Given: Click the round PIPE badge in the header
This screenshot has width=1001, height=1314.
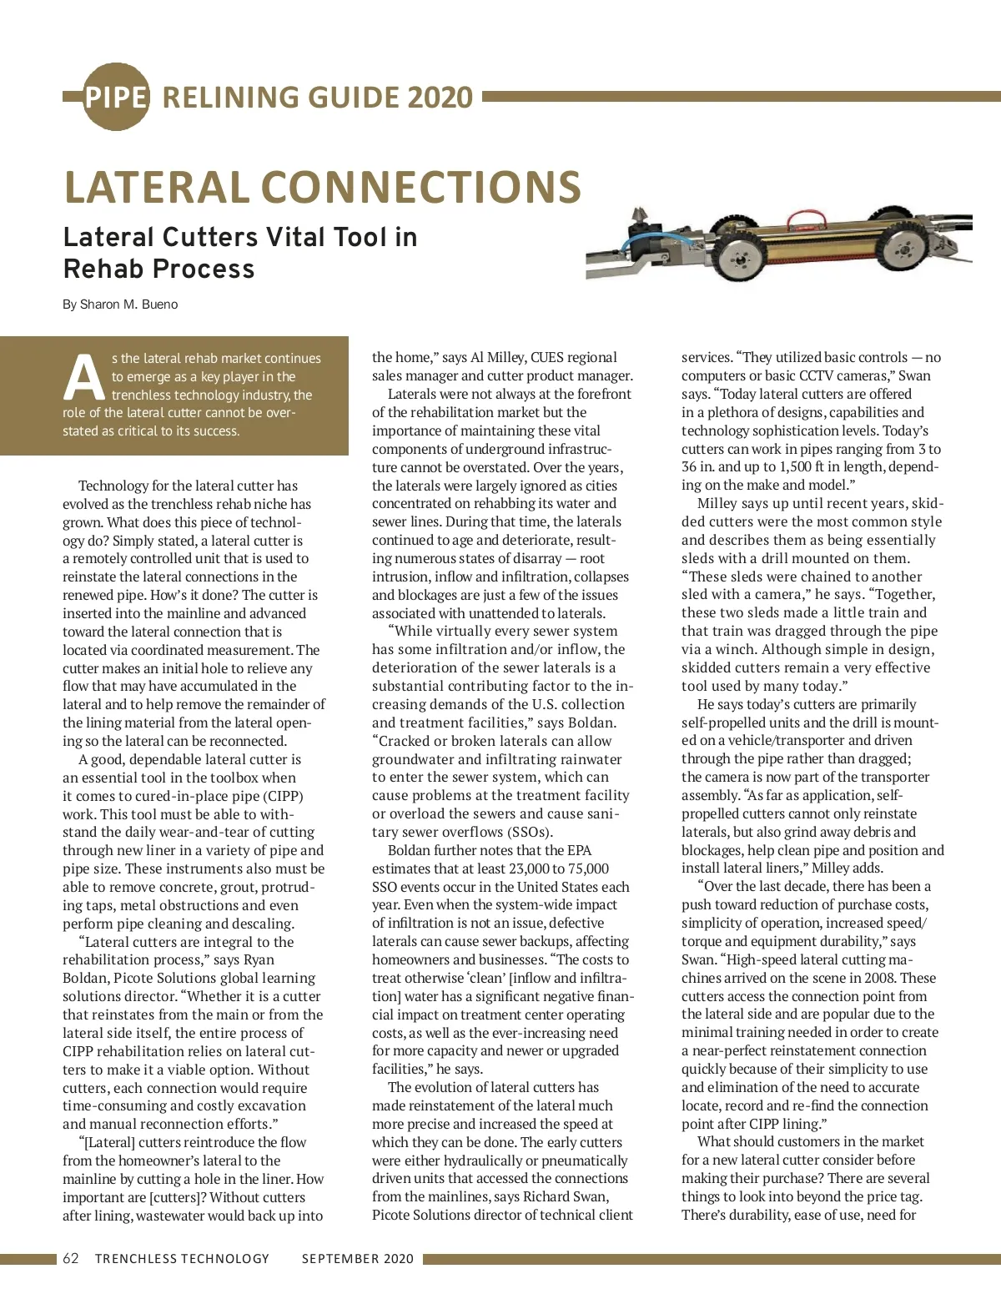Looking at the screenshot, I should pos(116,97).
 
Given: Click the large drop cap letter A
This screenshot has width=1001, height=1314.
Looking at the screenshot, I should pos(84,378).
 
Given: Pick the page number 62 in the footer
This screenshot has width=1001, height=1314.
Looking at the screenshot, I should pos(71,1259).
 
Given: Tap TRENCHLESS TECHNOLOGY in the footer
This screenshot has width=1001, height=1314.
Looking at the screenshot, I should pos(182,1259).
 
